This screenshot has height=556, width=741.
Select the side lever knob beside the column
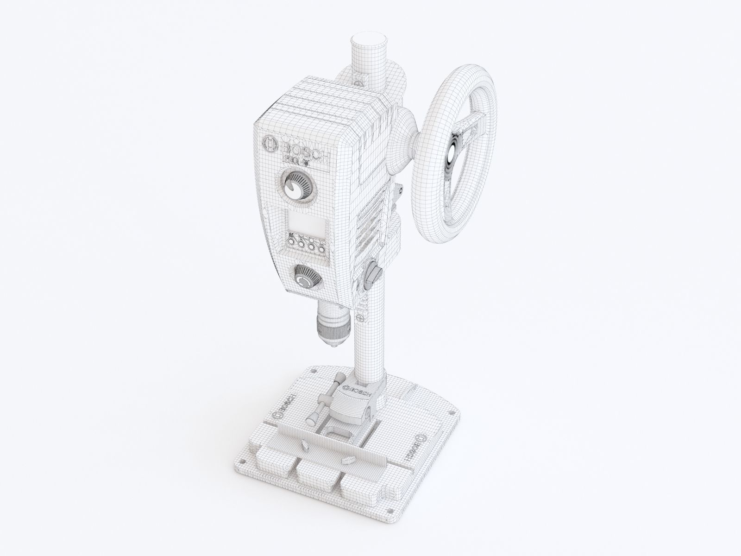(372, 274)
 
